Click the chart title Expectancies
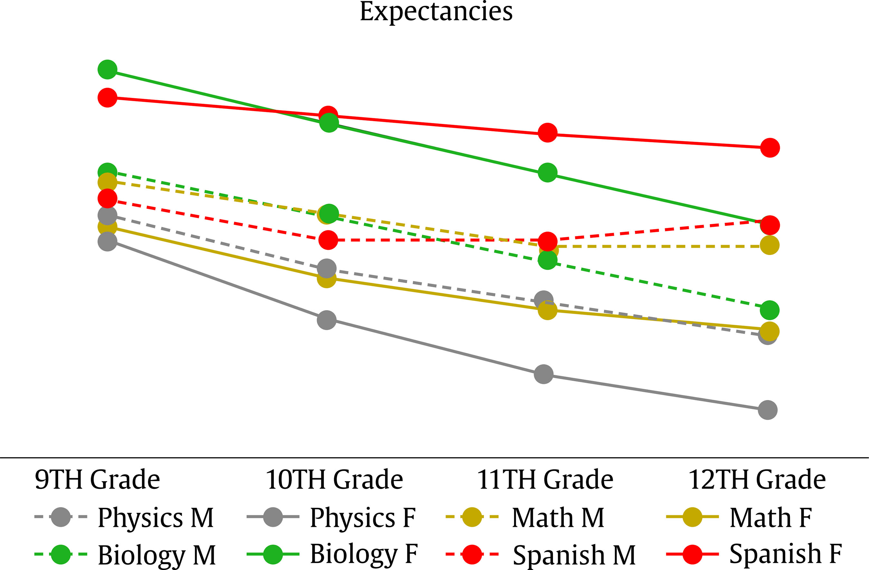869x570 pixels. coord(436,12)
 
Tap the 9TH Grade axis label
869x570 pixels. coord(97,480)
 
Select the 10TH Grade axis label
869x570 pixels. coord(334,480)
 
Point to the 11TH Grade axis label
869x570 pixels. coord(545,480)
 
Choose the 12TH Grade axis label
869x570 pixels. coord(757,480)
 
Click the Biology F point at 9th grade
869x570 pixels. coord(107,70)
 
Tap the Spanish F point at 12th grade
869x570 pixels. coord(770,147)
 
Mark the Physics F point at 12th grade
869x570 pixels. coord(768,410)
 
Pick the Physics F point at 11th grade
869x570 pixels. coord(544,374)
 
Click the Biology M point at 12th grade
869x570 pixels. coord(769,310)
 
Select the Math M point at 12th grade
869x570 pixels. coord(769,245)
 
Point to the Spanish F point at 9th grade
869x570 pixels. coord(107,98)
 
